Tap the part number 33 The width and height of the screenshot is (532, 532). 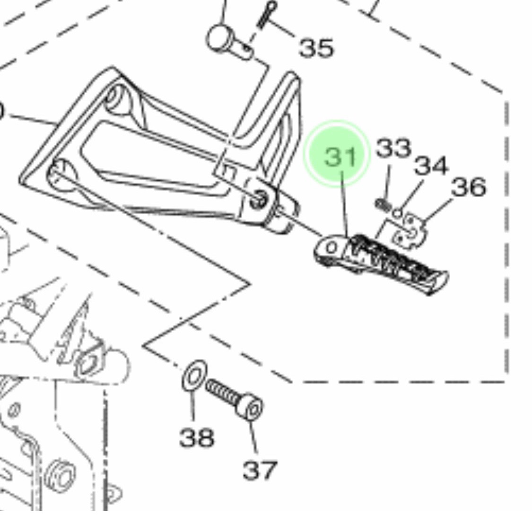tap(393, 148)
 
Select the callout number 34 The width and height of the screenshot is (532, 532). tap(430, 166)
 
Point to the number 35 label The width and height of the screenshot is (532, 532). tap(316, 48)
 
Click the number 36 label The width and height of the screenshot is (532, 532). tap(468, 187)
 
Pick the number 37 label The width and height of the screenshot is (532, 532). tap(260, 470)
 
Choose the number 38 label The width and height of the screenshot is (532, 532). tap(197, 437)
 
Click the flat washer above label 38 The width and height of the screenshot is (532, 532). tap(194, 375)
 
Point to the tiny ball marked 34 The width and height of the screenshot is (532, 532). tap(398, 214)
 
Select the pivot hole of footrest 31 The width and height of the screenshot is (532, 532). tap(332, 247)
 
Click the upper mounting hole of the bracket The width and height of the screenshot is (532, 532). tap(115, 97)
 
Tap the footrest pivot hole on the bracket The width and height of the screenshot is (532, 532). tap(259, 200)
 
